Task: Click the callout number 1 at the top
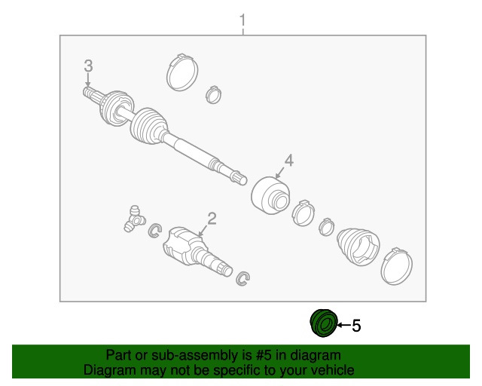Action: (x=243, y=20)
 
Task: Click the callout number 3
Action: (x=88, y=66)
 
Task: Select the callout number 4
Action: (x=289, y=161)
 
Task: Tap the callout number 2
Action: (x=212, y=219)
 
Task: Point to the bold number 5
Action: (x=356, y=326)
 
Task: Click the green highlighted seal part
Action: (x=324, y=323)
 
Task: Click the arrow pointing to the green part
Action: (x=344, y=324)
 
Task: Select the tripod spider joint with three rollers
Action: (x=134, y=219)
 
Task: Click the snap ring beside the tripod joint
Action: (x=154, y=231)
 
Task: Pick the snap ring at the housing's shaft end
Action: (x=243, y=279)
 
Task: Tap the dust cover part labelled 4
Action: (x=270, y=195)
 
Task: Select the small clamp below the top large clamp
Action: (x=213, y=94)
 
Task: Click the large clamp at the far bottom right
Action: (x=397, y=267)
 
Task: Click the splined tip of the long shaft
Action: (x=239, y=178)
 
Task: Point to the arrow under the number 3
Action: (x=88, y=80)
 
